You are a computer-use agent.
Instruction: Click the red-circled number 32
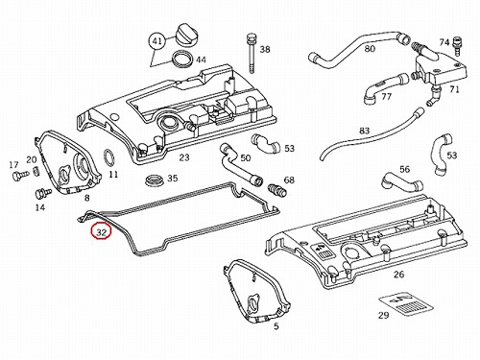(x=101, y=232)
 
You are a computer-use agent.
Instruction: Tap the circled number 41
(x=156, y=41)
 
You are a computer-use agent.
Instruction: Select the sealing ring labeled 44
(x=182, y=60)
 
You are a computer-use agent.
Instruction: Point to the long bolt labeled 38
(x=252, y=53)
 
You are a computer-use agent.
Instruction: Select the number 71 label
(x=454, y=89)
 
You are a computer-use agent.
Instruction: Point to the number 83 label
(x=365, y=131)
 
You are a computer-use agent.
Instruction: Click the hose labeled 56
(x=400, y=182)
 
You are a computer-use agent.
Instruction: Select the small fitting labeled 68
(x=276, y=189)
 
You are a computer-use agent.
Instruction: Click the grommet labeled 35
(x=155, y=180)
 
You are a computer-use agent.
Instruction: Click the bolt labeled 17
(x=20, y=175)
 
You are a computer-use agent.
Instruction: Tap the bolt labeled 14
(x=42, y=193)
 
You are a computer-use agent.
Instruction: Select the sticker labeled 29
(x=406, y=303)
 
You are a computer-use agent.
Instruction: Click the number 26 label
(x=398, y=275)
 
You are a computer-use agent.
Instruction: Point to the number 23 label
(x=184, y=157)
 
